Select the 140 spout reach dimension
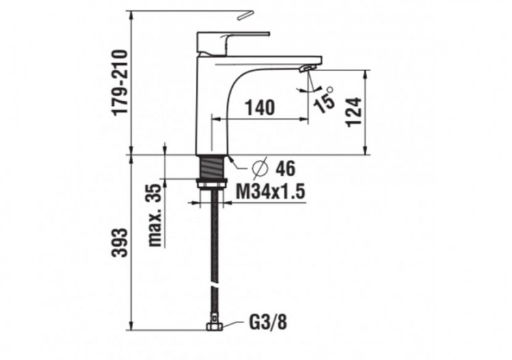(260, 107)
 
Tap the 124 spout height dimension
(353, 111)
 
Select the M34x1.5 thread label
(270, 193)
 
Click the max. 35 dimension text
(156, 214)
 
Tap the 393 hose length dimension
(119, 243)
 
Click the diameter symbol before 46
(260, 167)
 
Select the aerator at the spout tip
(309, 68)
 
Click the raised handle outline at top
(244, 14)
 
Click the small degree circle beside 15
(330, 89)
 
